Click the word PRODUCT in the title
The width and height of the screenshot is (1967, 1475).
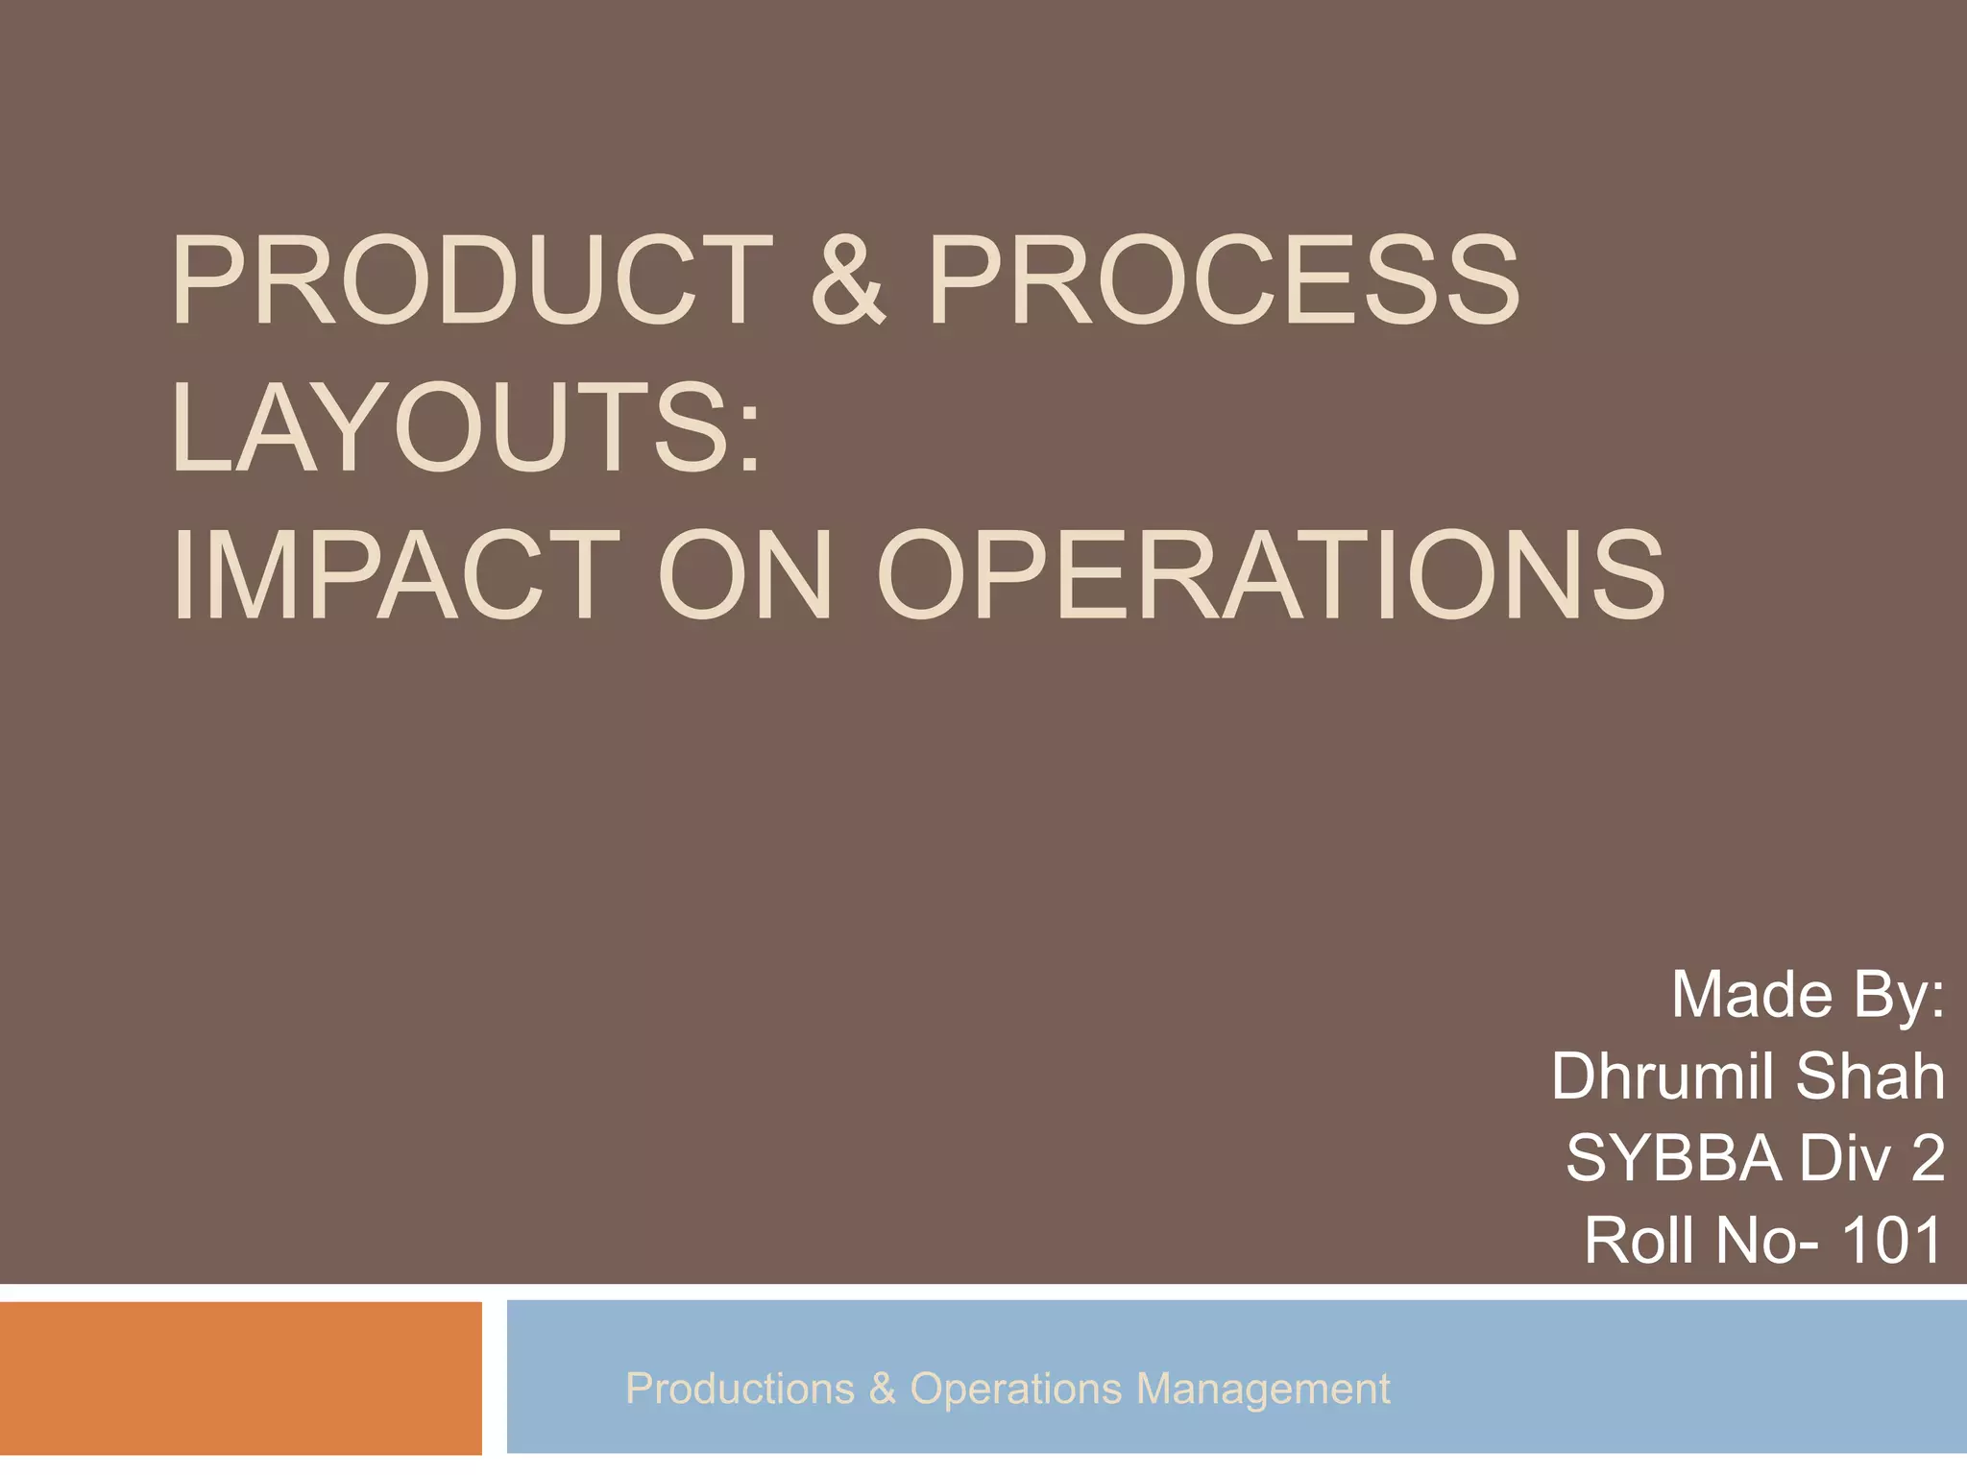pyautogui.click(x=471, y=281)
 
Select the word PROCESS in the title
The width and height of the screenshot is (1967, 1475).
pyautogui.click(x=1223, y=281)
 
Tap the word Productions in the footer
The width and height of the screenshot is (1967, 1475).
pyautogui.click(x=740, y=1389)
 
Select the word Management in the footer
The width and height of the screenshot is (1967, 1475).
pyautogui.click(x=1262, y=1389)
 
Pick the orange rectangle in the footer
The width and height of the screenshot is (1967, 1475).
pyautogui.click(x=240, y=1378)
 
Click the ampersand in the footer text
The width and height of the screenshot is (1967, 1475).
pyautogui.click(x=882, y=1389)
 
